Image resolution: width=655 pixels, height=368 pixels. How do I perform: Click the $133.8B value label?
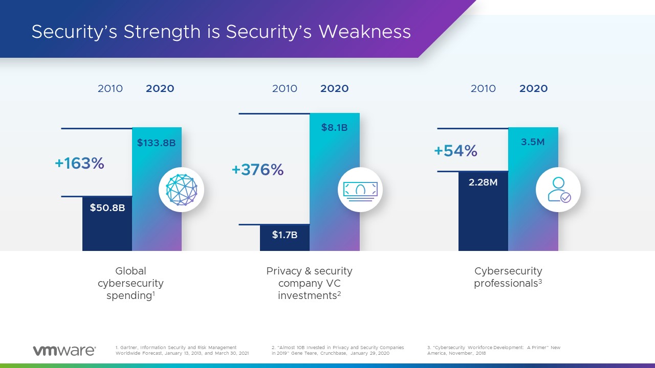click(x=156, y=143)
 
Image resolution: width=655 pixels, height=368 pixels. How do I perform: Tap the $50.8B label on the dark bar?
click(x=107, y=208)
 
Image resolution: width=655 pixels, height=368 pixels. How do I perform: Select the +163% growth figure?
click(x=79, y=163)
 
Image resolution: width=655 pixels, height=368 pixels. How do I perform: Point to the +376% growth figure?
click(x=257, y=170)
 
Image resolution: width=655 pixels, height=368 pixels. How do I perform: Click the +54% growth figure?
click(x=455, y=151)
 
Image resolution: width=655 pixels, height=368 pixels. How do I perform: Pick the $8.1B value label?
click(x=334, y=128)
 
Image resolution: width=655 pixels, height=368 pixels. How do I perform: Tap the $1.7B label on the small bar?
click(x=285, y=235)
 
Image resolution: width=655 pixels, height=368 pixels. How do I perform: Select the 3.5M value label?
click(x=533, y=142)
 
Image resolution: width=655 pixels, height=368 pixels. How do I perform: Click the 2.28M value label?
click(x=483, y=182)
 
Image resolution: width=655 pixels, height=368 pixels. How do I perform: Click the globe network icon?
click(x=182, y=190)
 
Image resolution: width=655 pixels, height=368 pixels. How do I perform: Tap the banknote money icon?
click(x=360, y=190)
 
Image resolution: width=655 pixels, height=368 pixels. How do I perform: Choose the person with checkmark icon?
click(x=558, y=190)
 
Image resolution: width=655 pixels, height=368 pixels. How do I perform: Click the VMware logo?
click(x=64, y=351)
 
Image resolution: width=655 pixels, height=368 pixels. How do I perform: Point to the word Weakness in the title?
click(x=364, y=32)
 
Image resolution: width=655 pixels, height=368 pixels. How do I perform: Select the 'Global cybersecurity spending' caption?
click(x=130, y=283)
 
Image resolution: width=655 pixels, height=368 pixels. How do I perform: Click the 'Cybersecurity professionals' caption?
click(x=508, y=277)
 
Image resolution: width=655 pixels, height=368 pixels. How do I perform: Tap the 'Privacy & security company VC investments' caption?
click(x=309, y=283)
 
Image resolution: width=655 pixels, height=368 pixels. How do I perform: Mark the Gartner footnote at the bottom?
click(x=182, y=350)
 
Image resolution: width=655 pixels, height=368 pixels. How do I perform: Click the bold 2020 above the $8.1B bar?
click(x=334, y=88)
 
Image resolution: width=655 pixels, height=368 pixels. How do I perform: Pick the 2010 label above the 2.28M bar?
click(x=483, y=88)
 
